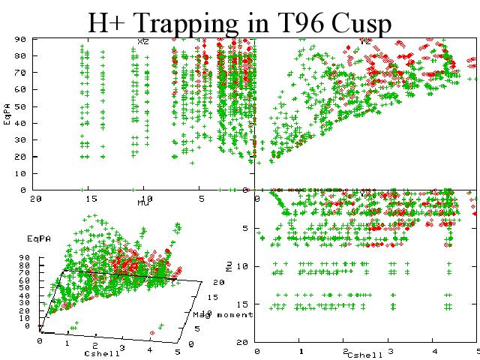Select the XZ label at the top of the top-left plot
point(142,42)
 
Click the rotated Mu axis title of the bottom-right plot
point(229,265)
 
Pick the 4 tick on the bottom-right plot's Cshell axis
point(433,351)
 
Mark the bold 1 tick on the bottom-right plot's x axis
point(301,351)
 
